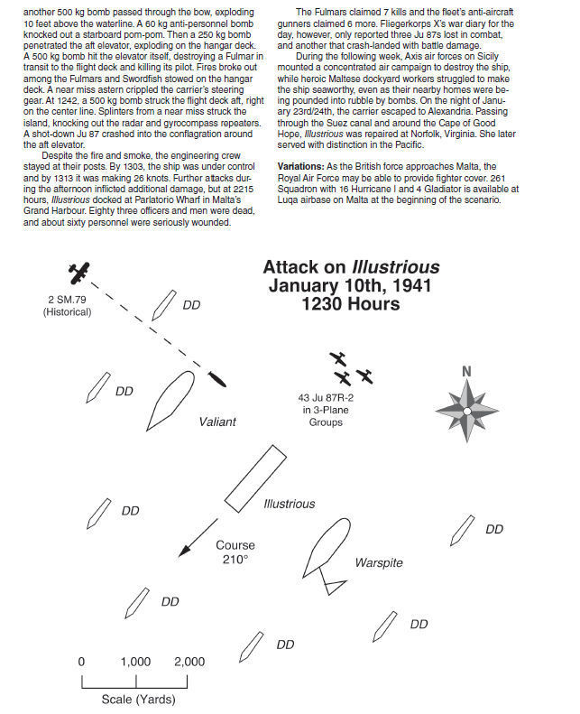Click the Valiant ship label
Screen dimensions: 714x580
pyautogui.click(x=217, y=422)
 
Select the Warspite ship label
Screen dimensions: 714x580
pyautogui.click(x=378, y=563)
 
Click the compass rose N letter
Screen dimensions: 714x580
pyautogui.click(x=466, y=371)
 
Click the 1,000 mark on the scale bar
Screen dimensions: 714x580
pyautogui.click(x=136, y=662)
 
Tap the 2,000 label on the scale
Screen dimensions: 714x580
pyautogui.click(x=189, y=662)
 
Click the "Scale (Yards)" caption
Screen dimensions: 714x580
pyautogui.click(x=137, y=700)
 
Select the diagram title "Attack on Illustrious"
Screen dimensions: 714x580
pyautogui.click(x=351, y=267)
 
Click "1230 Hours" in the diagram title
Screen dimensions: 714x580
pyautogui.click(x=351, y=304)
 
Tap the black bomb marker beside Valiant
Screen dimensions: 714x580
pyautogui.click(x=216, y=381)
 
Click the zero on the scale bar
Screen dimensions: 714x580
pyautogui.click(x=81, y=662)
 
